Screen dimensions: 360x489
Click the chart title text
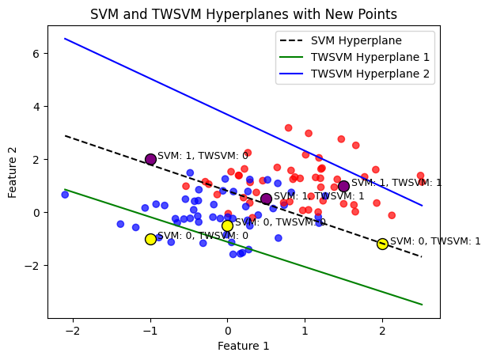(x=244, y=14)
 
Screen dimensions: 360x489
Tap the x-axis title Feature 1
(x=244, y=346)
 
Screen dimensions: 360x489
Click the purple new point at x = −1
(x=150, y=159)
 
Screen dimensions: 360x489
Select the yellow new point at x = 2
(x=382, y=244)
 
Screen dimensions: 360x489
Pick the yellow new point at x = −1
(x=150, y=239)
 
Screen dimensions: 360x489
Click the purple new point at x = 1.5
(x=343, y=186)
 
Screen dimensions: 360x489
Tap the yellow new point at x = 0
(x=227, y=225)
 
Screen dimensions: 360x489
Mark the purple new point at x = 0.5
(x=266, y=199)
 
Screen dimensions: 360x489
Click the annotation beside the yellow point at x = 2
(x=435, y=241)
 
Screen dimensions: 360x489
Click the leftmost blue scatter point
(x=65, y=195)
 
